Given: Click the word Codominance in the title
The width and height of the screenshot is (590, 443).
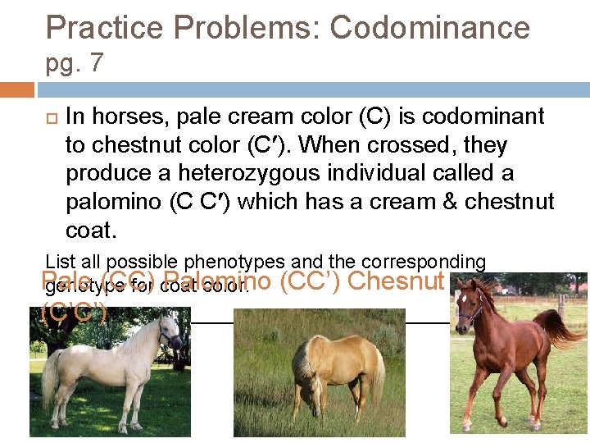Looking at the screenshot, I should (x=429, y=28).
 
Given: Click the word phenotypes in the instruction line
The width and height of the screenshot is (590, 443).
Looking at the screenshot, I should (x=227, y=263).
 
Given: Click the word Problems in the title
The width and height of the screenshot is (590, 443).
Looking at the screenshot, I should (x=243, y=28).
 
